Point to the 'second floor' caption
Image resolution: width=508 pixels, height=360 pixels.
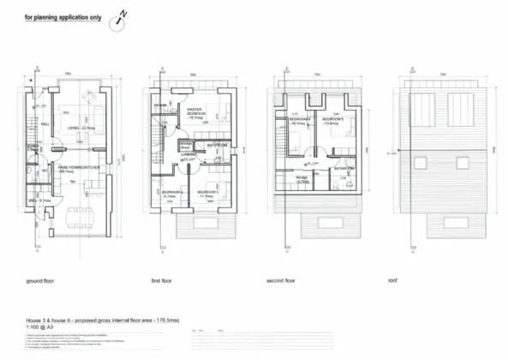[x=282, y=280]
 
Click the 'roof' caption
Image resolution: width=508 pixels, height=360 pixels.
[x=392, y=280]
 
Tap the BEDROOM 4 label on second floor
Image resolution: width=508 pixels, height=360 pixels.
[x=299, y=122]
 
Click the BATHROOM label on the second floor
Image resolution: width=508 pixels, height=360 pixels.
[x=339, y=169]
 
